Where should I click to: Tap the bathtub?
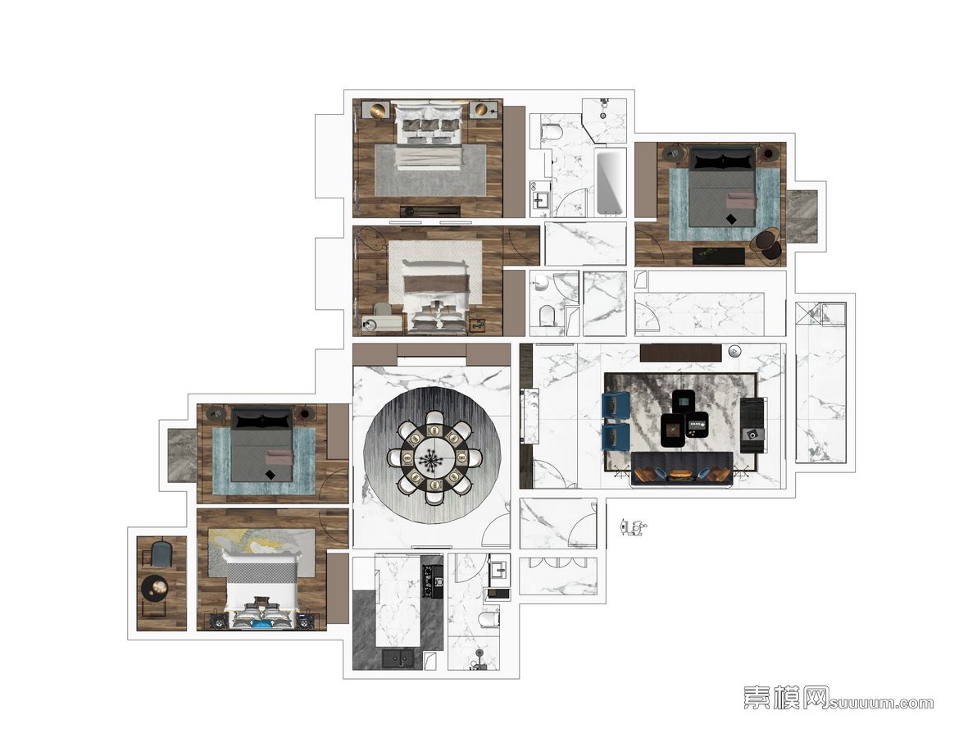[x=609, y=181]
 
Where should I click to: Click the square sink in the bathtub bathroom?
[x=539, y=199]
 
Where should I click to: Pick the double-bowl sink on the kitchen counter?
[x=398, y=658]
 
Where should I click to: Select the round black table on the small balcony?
[x=155, y=587]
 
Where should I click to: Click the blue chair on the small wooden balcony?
[x=162, y=553]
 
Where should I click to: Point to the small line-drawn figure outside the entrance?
[x=633, y=528]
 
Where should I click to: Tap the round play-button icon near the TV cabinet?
[x=734, y=351]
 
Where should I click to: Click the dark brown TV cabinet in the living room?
[x=680, y=353]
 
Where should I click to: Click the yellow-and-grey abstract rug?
[x=261, y=552]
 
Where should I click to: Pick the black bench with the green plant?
[x=719, y=256]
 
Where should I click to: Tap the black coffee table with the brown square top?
[x=672, y=430]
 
